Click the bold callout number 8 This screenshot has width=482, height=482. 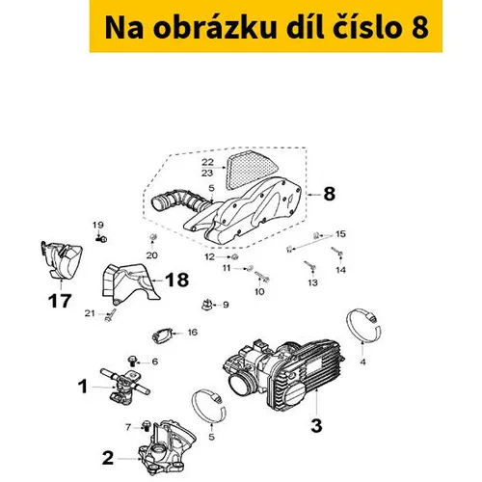(329, 194)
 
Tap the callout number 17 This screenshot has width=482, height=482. (60, 301)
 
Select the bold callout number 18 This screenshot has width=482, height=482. (176, 280)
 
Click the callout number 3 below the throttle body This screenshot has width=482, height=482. (316, 425)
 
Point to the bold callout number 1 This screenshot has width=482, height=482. (83, 387)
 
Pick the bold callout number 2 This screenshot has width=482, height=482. (108, 458)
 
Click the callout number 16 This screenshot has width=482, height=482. (193, 333)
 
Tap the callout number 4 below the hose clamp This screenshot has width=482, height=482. (362, 362)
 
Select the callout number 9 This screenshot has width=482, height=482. (226, 305)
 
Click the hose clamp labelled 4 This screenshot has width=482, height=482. (363, 325)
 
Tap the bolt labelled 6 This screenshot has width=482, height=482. (132, 361)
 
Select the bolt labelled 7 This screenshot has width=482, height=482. (147, 425)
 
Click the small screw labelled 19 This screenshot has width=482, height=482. (101, 239)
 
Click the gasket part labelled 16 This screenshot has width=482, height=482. (163, 335)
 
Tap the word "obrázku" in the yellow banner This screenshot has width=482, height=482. (215, 28)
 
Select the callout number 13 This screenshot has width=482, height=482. (312, 282)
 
